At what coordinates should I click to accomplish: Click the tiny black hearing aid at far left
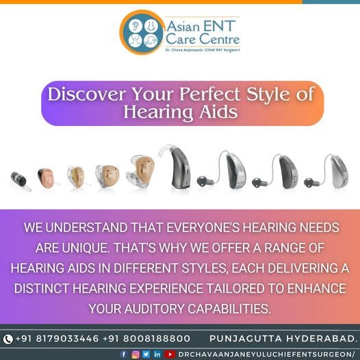pos(19,180)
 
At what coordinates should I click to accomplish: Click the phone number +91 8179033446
pos(57,339)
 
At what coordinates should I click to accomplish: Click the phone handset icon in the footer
pos(8,339)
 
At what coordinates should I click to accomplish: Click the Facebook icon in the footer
pos(124,354)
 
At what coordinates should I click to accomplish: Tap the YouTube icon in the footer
pos(170,354)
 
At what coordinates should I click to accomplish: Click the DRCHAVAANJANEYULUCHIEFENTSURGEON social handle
pos(267,354)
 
